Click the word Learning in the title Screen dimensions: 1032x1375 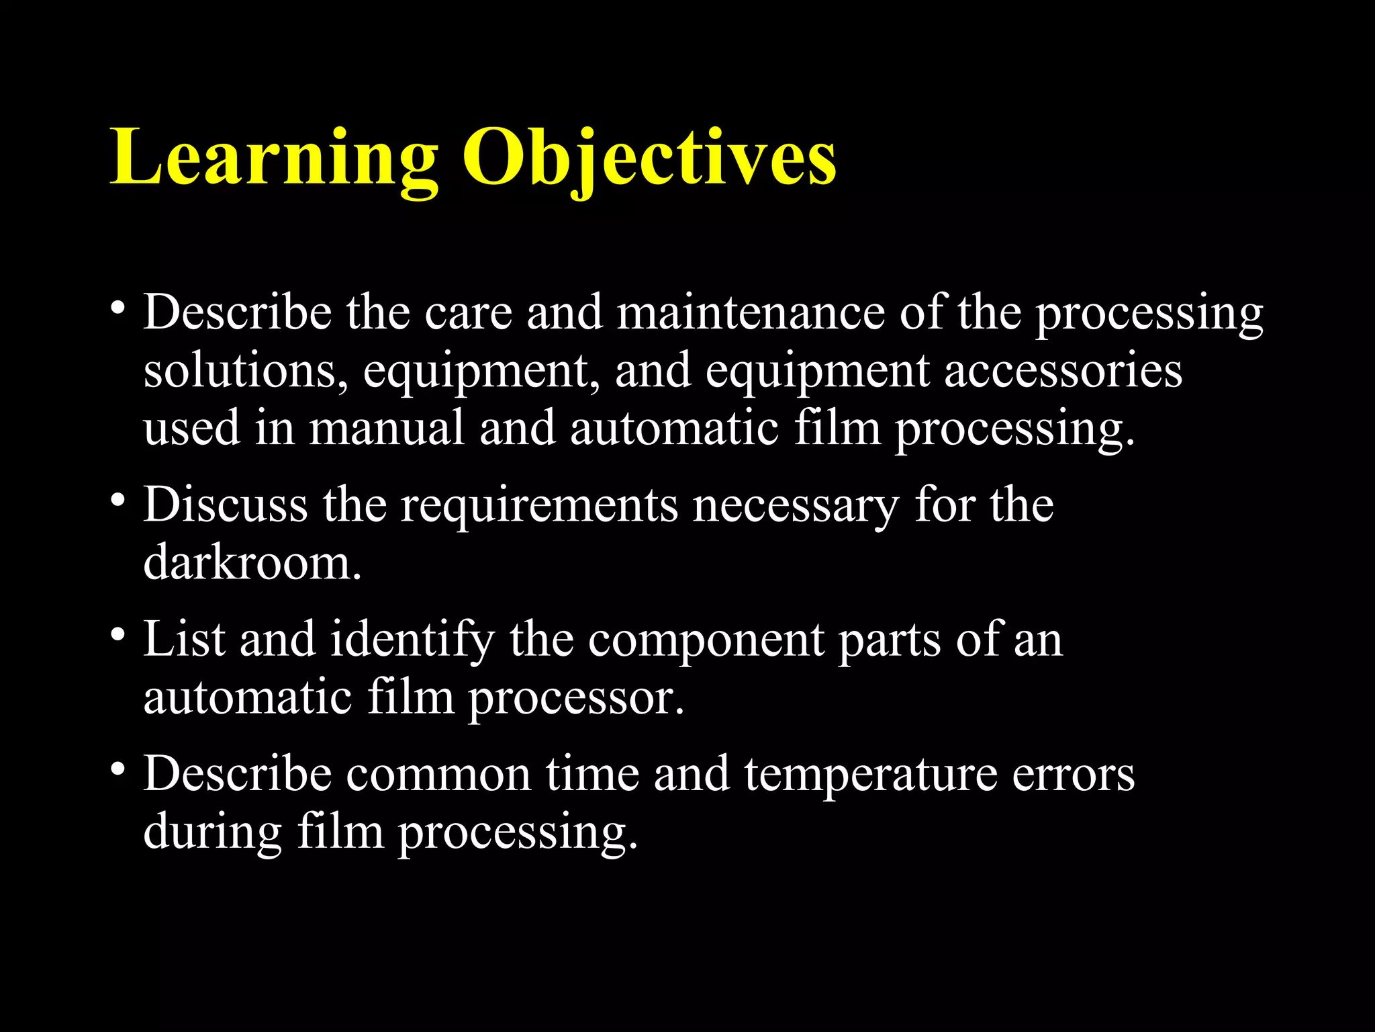(x=274, y=159)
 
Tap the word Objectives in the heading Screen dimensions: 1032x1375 (x=649, y=159)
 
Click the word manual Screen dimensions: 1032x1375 (x=386, y=428)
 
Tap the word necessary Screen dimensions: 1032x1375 (x=796, y=505)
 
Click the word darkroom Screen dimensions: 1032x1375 (x=252, y=562)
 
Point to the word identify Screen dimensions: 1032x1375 (x=412, y=640)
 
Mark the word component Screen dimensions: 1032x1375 (x=706, y=640)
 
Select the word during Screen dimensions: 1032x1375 (x=212, y=832)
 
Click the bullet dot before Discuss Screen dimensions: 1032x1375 (x=118, y=501)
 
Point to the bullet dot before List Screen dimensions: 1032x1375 (x=118, y=635)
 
